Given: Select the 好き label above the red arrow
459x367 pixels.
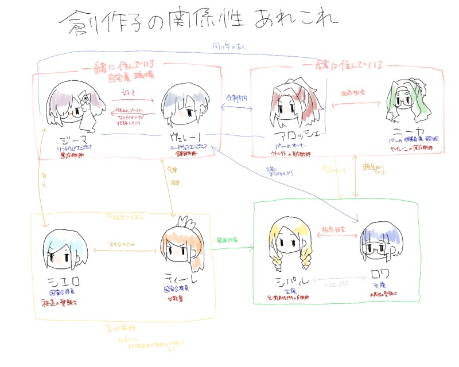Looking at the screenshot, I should (129, 92).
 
